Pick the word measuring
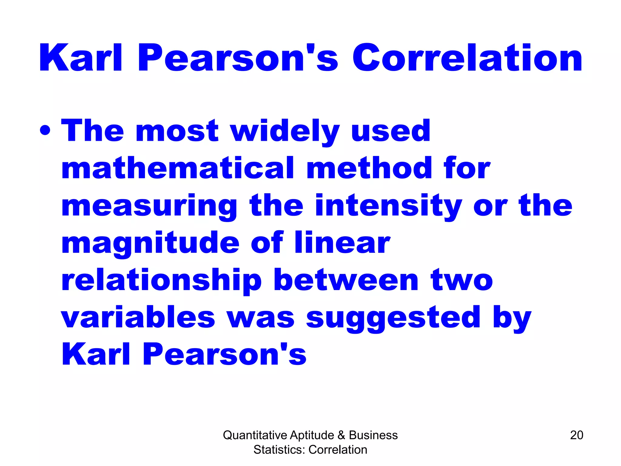point(149,206)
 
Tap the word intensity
point(388,206)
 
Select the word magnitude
point(150,243)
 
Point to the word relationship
point(161,280)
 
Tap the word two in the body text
point(462,280)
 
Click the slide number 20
point(576,435)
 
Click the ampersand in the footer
point(341,435)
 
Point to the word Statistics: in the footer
point(280,450)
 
